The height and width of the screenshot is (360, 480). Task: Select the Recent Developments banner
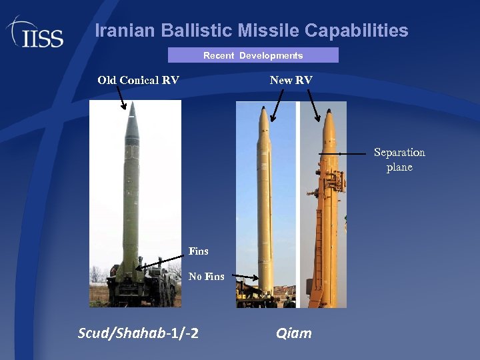coord(253,55)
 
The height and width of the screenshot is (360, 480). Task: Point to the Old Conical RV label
coord(138,80)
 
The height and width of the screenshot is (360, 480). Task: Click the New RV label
coord(291,80)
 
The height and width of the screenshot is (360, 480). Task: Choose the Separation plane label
coord(399,160)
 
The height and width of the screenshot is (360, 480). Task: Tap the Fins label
coord(198,251)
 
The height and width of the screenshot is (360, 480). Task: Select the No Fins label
coord(206,276)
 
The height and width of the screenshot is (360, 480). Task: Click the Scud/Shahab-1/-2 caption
coord(138,333)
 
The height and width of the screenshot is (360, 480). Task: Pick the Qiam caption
coord(293,333)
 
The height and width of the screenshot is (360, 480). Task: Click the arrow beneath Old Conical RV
coord(122,98)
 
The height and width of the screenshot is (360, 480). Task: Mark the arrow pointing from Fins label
coord(160,261)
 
